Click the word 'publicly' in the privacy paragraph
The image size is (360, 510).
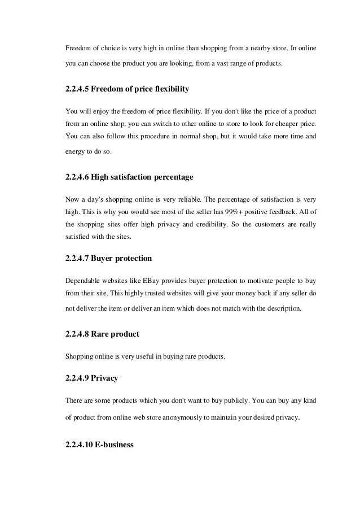(229, 399)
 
